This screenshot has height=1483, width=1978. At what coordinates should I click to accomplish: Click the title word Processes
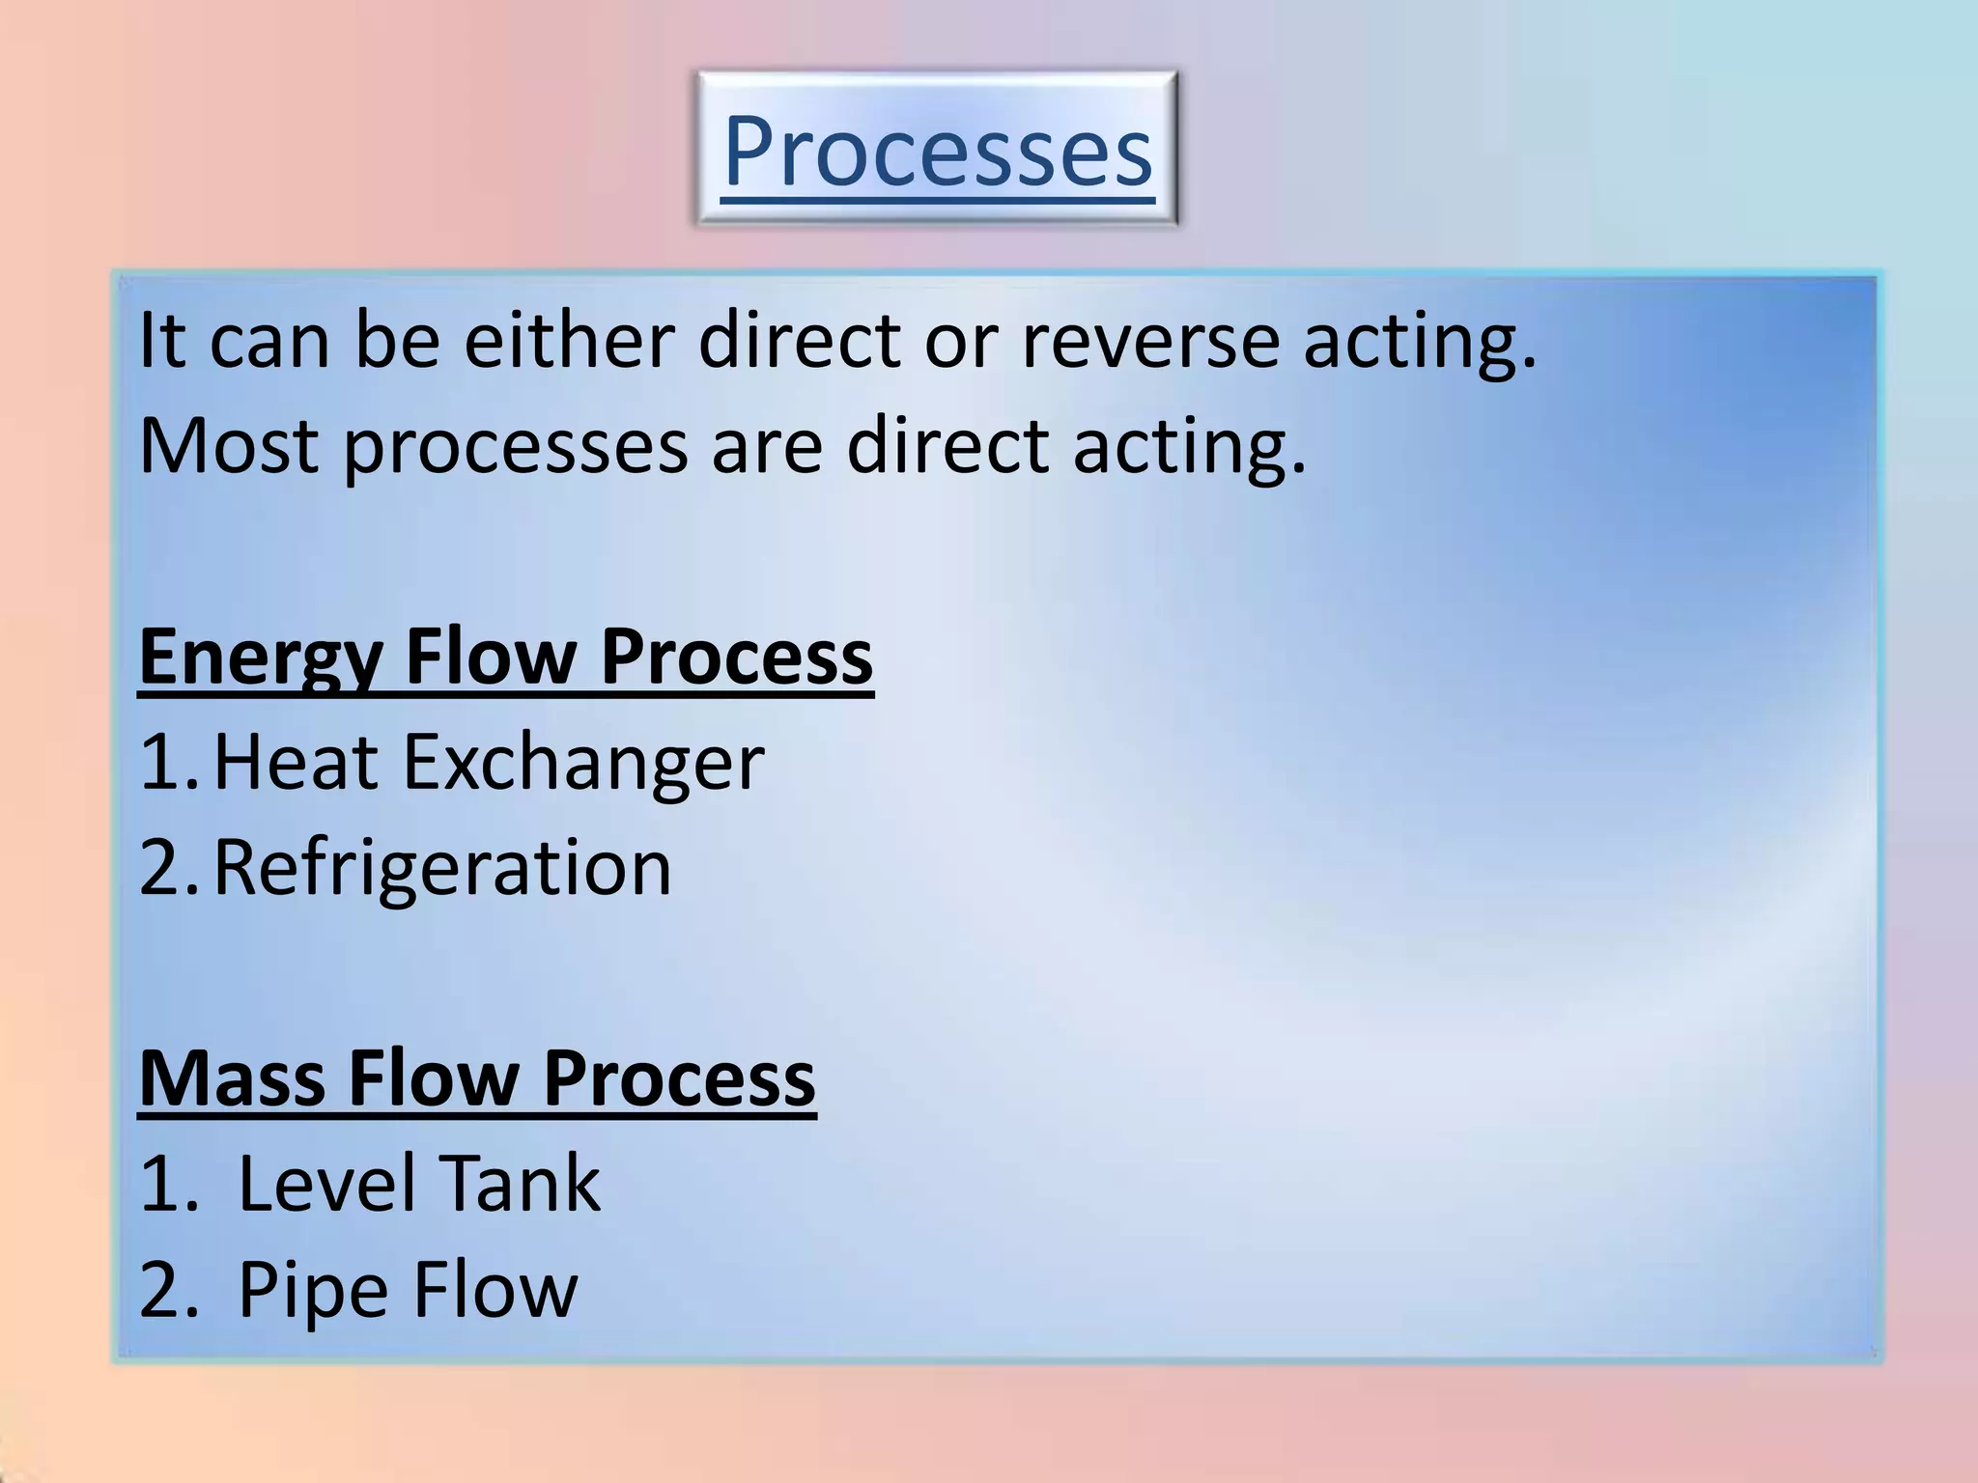pos(937,152)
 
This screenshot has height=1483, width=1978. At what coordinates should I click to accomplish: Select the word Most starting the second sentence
pos(228,446)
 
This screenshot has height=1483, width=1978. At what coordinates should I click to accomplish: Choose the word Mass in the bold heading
pos(232,1077)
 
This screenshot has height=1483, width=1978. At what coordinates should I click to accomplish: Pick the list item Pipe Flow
pos(407,1289)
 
